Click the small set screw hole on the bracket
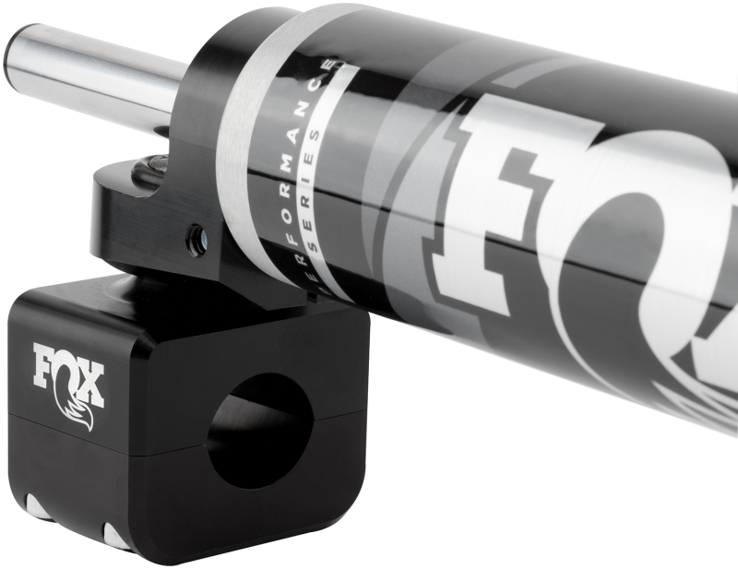click(x=196, y=242)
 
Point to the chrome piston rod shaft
click(x=101, y=78)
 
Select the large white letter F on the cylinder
click(x=517, y=203)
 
